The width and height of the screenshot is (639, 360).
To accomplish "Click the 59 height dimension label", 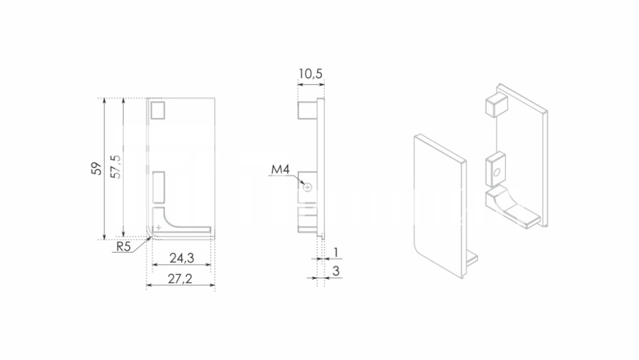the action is pyautogui.click(x=96, y=168).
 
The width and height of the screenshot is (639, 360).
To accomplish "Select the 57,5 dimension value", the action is pyautogui.click(x=116, y=166).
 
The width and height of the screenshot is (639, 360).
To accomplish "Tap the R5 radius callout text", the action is pyautogui.click(x=123, y=246).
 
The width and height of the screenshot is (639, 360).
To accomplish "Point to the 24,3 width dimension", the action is pyautogui.click(x=181, y=258).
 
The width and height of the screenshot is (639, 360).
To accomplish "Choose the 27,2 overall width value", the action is pyautogui.click(x=180, y=279).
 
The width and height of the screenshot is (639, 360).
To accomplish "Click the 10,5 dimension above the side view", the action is pyautogui.click(x=311, y=74).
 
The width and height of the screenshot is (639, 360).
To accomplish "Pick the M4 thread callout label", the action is pyautogui.click(x=281, y=169).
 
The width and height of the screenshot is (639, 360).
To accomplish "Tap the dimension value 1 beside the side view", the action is pyautogui.click(x=336, y=253).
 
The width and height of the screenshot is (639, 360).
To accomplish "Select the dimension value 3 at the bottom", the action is pyautogui.click(x=336, y=271).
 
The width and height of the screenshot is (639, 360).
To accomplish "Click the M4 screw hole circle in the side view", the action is pyautogui.click(x=308, y=187).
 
